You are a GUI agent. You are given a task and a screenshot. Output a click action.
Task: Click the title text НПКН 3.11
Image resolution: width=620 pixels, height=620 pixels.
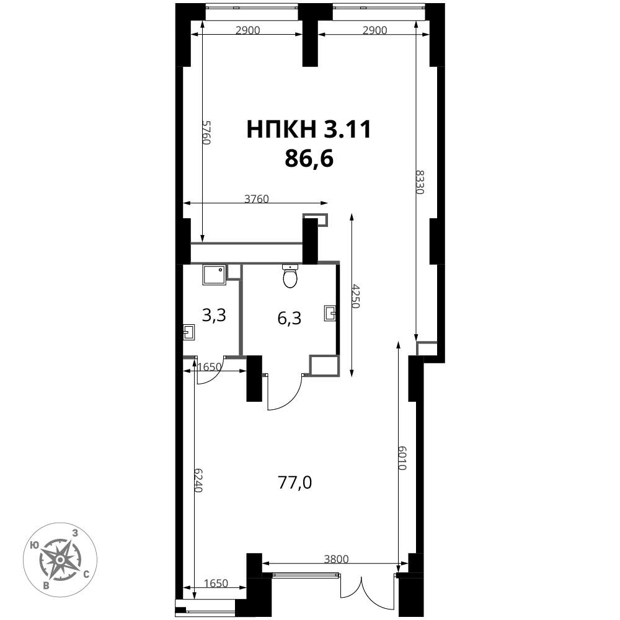click(x=309, y=130)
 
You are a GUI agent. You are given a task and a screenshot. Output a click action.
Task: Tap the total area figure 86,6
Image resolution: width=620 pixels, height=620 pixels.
click(x=309, y=159)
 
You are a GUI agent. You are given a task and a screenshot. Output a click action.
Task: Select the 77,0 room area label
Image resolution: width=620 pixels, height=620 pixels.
click(x=295, y=483)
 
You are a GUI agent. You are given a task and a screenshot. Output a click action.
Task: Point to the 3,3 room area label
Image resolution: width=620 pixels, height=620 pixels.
click(x=214, y=316)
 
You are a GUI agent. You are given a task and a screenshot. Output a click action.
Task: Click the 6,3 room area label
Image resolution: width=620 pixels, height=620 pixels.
click(x=290, y=318)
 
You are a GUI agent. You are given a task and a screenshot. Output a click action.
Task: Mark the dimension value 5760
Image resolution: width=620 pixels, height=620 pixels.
click(x=206, y=133)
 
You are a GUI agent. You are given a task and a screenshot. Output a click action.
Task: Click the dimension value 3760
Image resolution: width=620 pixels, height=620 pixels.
click(x=256, y=198)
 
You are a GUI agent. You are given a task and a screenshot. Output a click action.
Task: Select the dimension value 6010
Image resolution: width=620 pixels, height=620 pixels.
click(x=402, y=458)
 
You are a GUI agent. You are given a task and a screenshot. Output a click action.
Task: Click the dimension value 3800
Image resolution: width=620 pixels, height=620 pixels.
click(x=336, y=559)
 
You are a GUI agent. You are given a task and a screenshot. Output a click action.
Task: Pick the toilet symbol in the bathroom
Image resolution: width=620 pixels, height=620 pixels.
click(x=290, y=276)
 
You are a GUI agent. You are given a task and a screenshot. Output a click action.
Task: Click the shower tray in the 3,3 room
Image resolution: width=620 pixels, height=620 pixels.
click(x=215, y=275)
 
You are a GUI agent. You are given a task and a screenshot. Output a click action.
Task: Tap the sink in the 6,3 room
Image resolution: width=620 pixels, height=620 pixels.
click(x=330, y=312)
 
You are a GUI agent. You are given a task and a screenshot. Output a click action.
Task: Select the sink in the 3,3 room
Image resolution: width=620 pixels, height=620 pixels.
click(x=189, y=332)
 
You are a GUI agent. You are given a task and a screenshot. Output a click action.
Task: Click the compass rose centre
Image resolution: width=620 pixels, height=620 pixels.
click(x=60, y=560)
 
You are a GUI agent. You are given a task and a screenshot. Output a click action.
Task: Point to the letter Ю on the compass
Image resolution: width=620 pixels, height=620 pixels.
click(x=34, y=545)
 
